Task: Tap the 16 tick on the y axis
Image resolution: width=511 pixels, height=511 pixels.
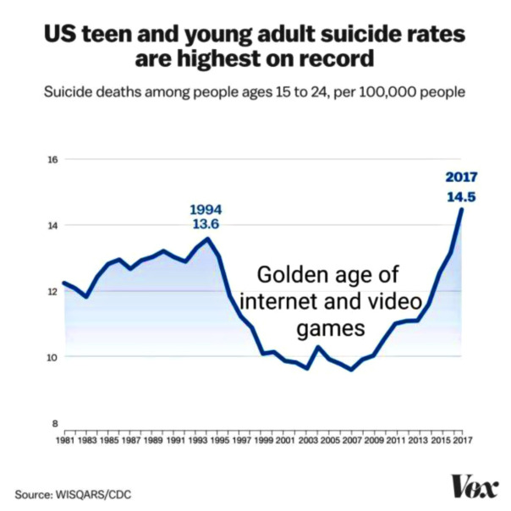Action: coord(52,160)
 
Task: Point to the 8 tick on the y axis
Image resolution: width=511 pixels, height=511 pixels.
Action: coord(54,423)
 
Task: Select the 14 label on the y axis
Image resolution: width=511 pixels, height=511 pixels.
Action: coord(52,226)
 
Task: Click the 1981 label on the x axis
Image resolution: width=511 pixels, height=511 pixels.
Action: coord(64,441)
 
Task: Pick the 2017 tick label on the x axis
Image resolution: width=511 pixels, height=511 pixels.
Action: coord(462,441)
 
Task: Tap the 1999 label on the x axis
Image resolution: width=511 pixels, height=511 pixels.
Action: coord(263,441)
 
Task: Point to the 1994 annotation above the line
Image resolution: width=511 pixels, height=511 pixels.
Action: coord(206,209)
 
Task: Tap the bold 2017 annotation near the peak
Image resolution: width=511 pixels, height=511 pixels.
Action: coord(462,177)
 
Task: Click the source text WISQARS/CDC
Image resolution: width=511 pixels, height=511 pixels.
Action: coord(92,493)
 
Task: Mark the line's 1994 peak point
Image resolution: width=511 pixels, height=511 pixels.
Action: coord(208,238)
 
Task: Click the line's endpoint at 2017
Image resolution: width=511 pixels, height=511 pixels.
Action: coord(462,209)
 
